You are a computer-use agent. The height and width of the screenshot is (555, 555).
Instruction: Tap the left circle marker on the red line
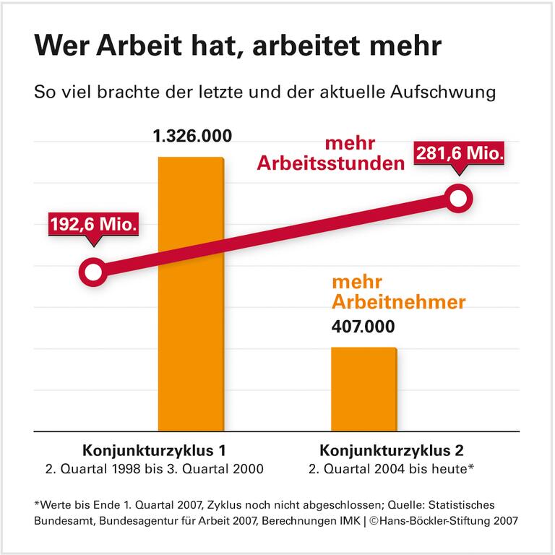tap(92, 272)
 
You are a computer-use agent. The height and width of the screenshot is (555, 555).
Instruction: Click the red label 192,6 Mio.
tap(92, 224)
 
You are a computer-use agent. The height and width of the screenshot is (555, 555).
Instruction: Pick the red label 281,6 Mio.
tap(458, 153)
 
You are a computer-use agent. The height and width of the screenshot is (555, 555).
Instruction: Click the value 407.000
tap(363, 327)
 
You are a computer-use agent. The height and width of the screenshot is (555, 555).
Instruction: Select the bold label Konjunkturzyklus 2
tap(391, 450)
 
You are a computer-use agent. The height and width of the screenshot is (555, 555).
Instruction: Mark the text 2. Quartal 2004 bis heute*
tap(391, 469)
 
